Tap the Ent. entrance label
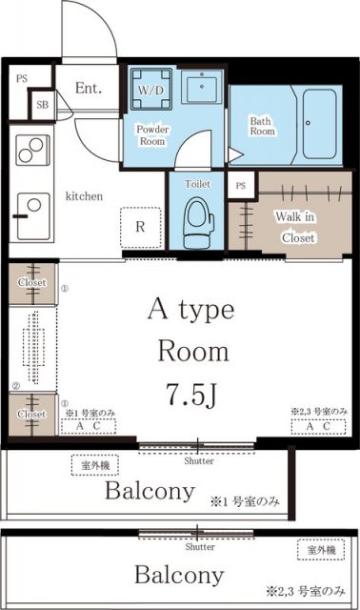tap(89, 89)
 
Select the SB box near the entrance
tap(43, 105)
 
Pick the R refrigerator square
tap(139, 226)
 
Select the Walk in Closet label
tap(295, 226)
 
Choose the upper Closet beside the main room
tap(32, 281)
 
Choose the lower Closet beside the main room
tap(32, 414)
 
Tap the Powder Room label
tap(152, 134)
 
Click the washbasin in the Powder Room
tap(203, 89)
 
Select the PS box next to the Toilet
tap(240, 185)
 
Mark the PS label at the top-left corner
tap(22, 78)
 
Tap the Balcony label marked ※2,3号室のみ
tap(179, 575)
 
